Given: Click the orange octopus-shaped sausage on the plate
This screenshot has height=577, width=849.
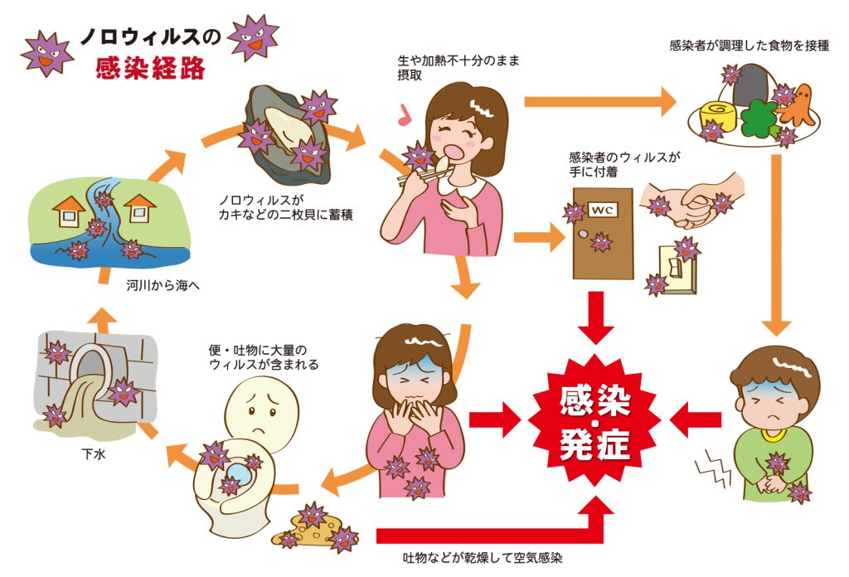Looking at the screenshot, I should pos(797,106).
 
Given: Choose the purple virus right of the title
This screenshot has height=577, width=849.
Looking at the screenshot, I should pos(251,37).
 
